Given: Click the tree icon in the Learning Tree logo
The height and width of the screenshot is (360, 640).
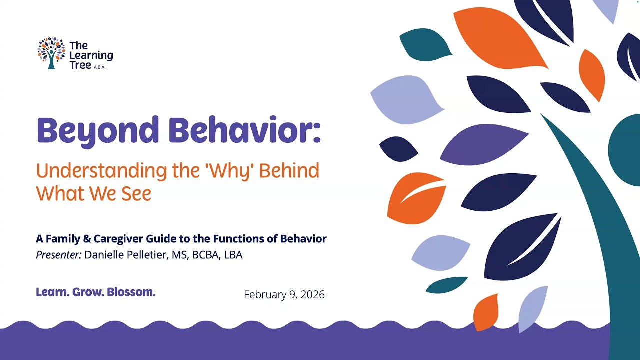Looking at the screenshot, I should [51, 53].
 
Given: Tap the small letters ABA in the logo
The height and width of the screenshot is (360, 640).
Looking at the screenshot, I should [99, 67].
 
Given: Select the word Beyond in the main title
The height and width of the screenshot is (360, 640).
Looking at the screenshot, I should [98, 131].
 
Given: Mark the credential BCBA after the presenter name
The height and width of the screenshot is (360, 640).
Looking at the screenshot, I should [205, 255].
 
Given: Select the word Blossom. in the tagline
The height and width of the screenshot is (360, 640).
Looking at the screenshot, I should [131, 292].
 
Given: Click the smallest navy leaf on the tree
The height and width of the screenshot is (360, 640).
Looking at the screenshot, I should [398, 149].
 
